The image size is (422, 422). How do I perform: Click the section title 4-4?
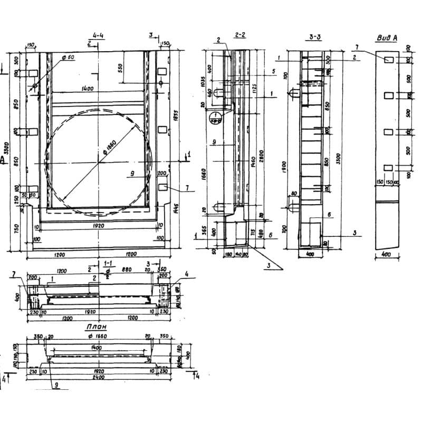(98, 35)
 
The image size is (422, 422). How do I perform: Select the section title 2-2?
(239, 35)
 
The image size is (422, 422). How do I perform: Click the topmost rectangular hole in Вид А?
(389, 60)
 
